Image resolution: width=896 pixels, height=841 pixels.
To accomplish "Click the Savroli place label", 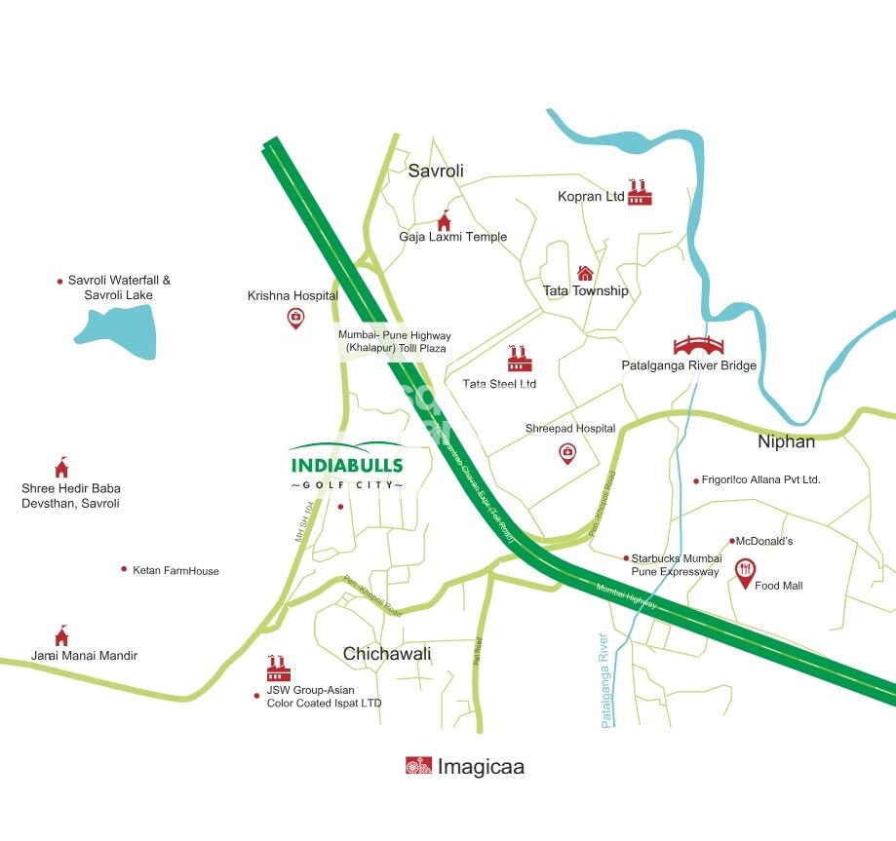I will pos(436,172).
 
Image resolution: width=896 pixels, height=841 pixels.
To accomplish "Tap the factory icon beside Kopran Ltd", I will pos(640,192).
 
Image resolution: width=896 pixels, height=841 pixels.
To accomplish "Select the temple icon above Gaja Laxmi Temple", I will pos(444,221).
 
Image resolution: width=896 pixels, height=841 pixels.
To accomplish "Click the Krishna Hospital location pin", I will pos(295,318).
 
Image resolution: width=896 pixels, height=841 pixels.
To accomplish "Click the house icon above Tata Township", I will pos(585,273).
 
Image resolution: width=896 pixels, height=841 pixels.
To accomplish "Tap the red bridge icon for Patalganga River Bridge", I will pos(698,345).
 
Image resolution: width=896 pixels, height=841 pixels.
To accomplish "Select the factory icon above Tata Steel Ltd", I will pos(518,359).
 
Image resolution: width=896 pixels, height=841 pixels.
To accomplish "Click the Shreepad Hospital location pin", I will pos(566,452).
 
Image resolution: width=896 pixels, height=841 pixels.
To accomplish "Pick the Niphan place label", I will pos(786,442).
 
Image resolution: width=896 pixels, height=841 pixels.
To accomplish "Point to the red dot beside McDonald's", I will pos(732,541).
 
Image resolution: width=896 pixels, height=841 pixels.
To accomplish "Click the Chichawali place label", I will pos(387,653).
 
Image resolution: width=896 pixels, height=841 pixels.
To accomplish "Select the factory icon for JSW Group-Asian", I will pos(279,669).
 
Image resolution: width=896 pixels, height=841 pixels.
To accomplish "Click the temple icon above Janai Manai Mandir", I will pos(61,635).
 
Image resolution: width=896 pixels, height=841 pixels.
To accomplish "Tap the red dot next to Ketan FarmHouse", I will pos(124,569).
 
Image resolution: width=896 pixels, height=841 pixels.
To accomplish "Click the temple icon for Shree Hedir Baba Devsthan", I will pos(62,467).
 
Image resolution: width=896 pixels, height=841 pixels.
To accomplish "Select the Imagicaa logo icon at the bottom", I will pos(418,766).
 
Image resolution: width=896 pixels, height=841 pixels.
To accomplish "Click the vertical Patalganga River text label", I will pos(606,680).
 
